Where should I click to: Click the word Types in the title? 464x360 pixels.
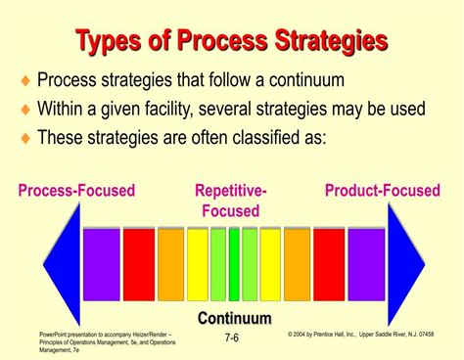(115, 41)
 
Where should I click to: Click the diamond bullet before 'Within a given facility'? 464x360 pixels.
(24, 110)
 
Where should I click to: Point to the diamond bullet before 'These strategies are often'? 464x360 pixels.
(24, 138)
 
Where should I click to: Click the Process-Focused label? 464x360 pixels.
(76, 191)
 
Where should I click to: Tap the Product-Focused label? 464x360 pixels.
(383, 191)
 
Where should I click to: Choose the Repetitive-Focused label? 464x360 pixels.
(231, 201)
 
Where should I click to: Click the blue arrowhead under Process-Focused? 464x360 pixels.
(61, 264)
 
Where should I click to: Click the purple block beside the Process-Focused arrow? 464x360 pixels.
(101, 264)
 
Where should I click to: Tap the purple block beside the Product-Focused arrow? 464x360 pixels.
(366, 264)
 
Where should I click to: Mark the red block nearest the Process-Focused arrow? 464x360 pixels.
(138, 264)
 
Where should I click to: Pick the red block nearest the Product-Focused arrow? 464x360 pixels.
(329, 264)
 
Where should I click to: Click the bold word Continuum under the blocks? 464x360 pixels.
(235, 318)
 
